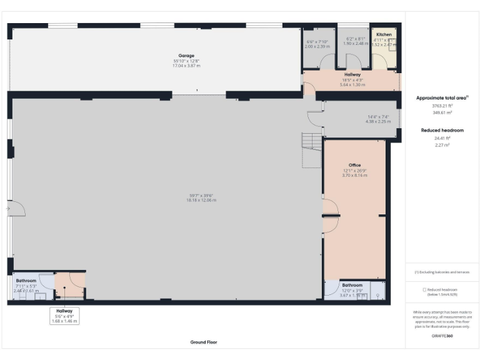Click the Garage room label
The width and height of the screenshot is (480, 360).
(185, 55)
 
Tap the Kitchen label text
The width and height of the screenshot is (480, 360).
(384, 34)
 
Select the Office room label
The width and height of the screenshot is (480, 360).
(354, 165)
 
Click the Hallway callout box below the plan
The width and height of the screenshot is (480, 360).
(64, 316)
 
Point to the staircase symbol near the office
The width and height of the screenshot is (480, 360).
(311, 150)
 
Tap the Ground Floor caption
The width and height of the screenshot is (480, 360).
(203, 342)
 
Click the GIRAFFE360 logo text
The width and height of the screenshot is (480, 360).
(443, 336)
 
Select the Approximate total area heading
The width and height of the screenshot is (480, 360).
(441, 98)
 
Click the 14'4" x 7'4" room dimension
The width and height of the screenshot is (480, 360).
(377, 117)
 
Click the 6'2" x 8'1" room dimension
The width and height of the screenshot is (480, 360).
(354, 39)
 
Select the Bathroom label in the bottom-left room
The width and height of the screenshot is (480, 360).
(26, 281)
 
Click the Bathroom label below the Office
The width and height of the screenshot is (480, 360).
(352, 285)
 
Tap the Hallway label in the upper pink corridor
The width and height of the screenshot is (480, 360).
(352, 74)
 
